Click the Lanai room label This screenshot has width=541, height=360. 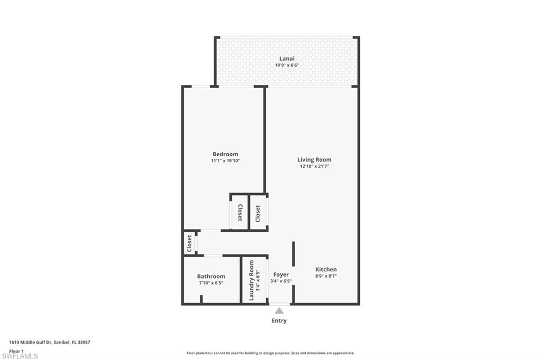point(287,59)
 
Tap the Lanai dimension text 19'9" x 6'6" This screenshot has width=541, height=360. point(287,65)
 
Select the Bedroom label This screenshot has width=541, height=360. point(225,154)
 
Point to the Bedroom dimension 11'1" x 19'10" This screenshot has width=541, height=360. point(225,160)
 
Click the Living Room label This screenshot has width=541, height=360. point(314,159)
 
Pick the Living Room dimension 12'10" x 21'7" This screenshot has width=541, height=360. point(314,166)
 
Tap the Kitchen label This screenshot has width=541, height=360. point(326,269)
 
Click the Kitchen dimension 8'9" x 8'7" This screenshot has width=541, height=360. point(326,276)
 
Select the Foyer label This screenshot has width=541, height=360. point(281,274)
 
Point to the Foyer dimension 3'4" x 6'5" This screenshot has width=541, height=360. point(281,281)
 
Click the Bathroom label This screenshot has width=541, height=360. point(211,276)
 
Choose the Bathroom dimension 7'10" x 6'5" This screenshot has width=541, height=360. point(211,283)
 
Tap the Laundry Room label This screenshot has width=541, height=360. point(251,280)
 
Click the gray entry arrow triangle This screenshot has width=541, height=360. point(279,311)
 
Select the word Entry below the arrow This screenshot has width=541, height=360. point(279,320)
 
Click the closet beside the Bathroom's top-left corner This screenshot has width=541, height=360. point(189,243)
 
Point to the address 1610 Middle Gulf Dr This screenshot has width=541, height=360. point(50,343)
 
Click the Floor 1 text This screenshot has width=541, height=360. point(16,350)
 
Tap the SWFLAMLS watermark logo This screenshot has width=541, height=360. point(20,356)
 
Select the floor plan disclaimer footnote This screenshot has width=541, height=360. point(270,353)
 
